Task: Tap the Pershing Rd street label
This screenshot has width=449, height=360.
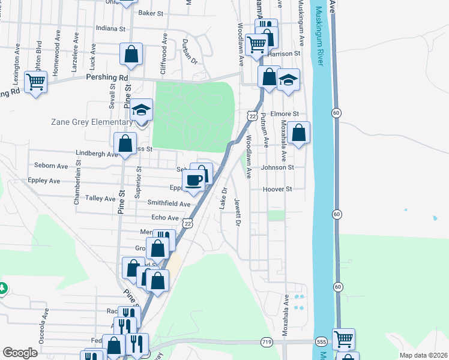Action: point(107,78)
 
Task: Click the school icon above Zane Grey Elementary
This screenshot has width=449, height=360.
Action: point(142,110)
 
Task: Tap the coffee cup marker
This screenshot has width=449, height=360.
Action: point(193,180)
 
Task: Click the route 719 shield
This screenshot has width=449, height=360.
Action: point(266,341)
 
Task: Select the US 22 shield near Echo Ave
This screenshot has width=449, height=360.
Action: point(188,223)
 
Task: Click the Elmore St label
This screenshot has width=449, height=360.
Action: point(285,113)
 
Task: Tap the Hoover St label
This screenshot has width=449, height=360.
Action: point(277,189)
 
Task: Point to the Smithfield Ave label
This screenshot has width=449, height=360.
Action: point(169,204)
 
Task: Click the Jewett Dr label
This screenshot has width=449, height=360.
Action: point(238,212)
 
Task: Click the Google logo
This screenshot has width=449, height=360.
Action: point(20,353)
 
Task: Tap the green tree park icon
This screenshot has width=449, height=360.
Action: point(3,289)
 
